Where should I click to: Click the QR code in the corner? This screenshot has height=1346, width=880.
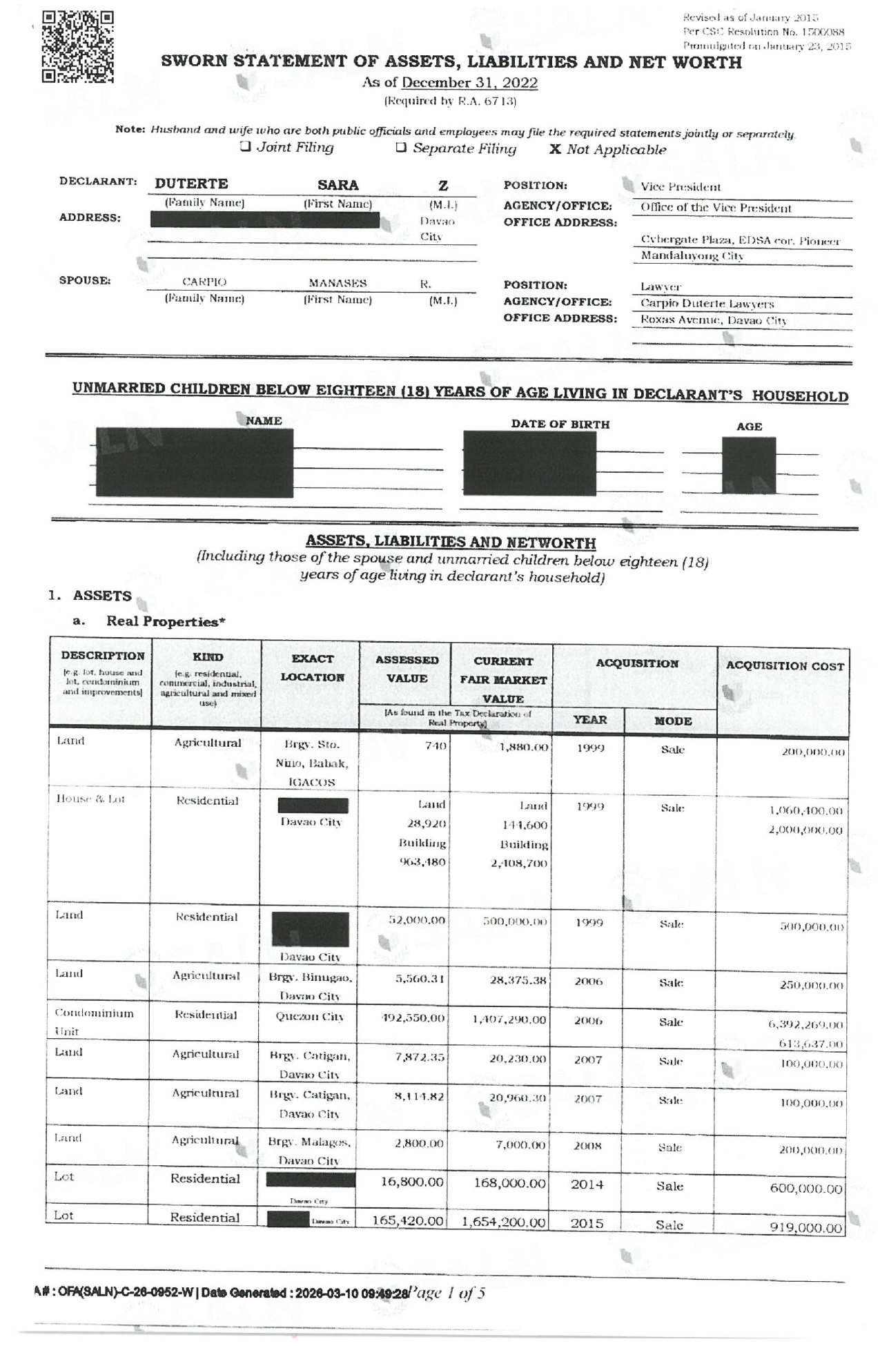(x=77, y=46)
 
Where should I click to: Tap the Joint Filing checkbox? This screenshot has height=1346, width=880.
(x=245, y=147)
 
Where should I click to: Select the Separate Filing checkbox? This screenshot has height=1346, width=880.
(x=401, y=148)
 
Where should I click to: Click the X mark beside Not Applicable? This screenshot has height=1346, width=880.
(x=555, y=149)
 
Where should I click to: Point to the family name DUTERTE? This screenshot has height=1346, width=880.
(x=191, y=184)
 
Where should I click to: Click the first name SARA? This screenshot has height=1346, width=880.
(x=338, y=185)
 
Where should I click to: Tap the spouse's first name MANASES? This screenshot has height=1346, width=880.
(x=338, y=283)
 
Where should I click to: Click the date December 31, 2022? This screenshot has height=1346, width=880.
(x=469, y=83)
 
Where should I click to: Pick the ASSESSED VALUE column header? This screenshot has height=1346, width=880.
(x=407, y=669)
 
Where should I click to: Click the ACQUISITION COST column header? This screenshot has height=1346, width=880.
(x=785, y=666)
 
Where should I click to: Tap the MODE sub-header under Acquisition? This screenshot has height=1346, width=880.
(x=672, y=721)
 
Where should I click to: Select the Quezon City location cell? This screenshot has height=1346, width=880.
(x=311, y=1017)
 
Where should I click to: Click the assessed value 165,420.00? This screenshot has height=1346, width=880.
(x=407, y=1220)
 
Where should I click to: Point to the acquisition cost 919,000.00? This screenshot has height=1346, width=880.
(x=805, y=1227)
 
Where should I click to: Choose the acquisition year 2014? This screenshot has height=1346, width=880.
(x=587, y=1184)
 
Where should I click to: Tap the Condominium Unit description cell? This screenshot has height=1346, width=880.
(x=94, y=1022)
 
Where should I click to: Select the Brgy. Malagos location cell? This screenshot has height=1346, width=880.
(x=309, y=1151)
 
